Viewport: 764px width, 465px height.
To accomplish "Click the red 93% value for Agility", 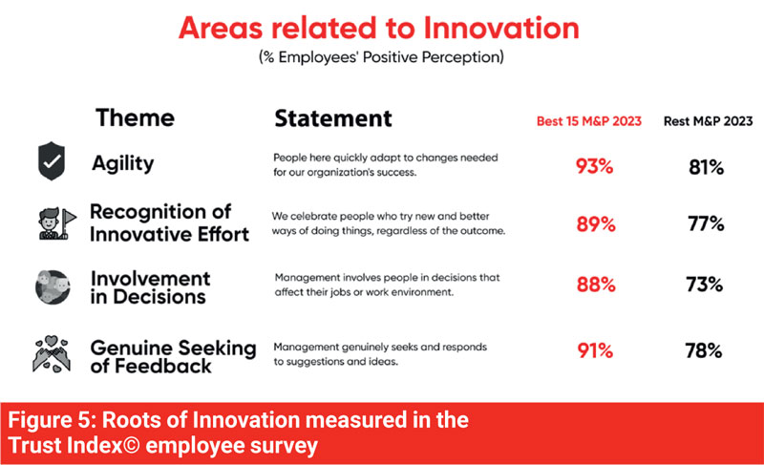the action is (594, 166).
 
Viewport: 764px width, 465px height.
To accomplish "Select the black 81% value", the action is (706, 167).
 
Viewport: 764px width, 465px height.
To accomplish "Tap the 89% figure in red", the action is (595, 224).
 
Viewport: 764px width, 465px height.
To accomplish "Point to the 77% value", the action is (706, 224).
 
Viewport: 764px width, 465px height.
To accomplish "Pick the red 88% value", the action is (595, 285).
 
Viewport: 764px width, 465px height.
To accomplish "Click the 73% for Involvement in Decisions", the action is (704, 285).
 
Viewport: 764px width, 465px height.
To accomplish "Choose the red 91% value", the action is (595, 350).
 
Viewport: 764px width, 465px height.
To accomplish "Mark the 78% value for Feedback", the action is (703, 350).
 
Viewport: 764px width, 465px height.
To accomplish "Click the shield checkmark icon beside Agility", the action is (52, 161).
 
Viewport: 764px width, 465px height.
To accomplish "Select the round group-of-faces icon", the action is (53, 287).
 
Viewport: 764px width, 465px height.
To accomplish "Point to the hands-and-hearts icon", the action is (52, 354).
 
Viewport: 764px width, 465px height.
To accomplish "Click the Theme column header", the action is (135, 117).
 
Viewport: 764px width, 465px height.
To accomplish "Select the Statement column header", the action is (333, 118).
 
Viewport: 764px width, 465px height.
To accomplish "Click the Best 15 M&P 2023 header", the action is (588, 121).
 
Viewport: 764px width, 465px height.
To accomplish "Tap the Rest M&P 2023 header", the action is (708, 121).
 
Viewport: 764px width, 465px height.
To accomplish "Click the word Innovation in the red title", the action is (501, 28).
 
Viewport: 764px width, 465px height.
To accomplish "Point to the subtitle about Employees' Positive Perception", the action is (381, 57).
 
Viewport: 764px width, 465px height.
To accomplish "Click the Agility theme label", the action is (123, 163).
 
